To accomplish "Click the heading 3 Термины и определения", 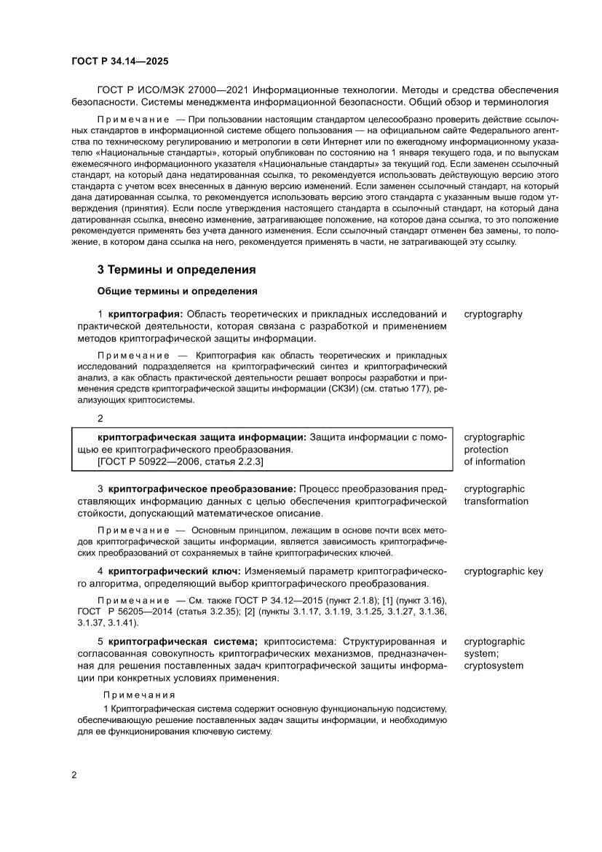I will tap(176, 270).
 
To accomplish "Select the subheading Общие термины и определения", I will tap(177, 292).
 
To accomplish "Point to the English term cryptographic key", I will tap(503, 571).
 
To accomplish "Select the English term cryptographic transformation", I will tap(496, 495).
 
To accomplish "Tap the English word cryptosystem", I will tap(494, 666).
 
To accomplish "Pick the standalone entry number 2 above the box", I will tap(100, 418).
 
